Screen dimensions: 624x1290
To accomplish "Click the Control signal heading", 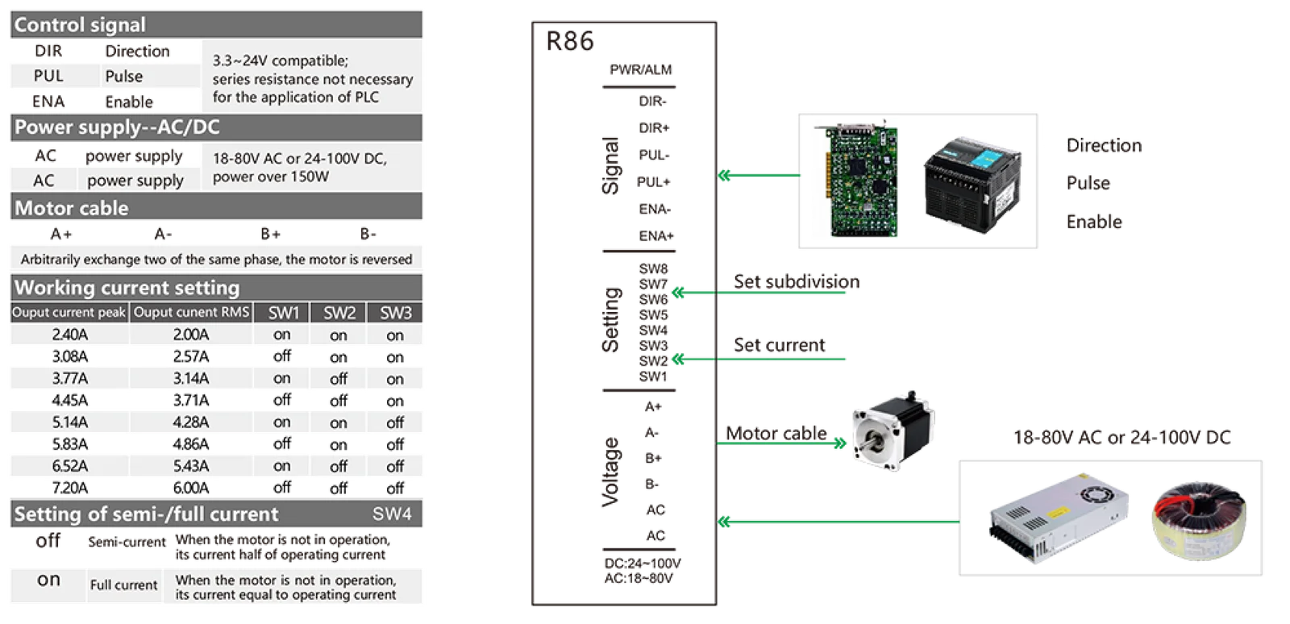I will coord(80,25).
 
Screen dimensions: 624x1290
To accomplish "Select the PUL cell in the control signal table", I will coord(48,76).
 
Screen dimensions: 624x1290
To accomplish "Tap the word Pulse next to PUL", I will coord(123,76).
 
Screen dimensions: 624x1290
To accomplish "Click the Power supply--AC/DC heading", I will coord(117,127).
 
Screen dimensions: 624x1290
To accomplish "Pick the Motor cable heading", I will coord(72,208).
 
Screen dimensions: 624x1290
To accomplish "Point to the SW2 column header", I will coord(339,313).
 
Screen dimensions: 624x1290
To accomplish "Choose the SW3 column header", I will coord(396,313).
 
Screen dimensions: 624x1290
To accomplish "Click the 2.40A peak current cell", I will coord(69,335).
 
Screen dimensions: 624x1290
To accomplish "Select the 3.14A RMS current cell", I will coord(191,378).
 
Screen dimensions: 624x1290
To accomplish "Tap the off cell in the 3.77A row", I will coord(339,379).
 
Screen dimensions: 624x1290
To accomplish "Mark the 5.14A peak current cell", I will coord(69,422).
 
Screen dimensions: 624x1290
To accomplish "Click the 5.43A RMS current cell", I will coord(191,466).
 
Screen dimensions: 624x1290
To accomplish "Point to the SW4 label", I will coord(392,514).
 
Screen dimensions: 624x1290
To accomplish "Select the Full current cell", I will coord(123,585).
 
